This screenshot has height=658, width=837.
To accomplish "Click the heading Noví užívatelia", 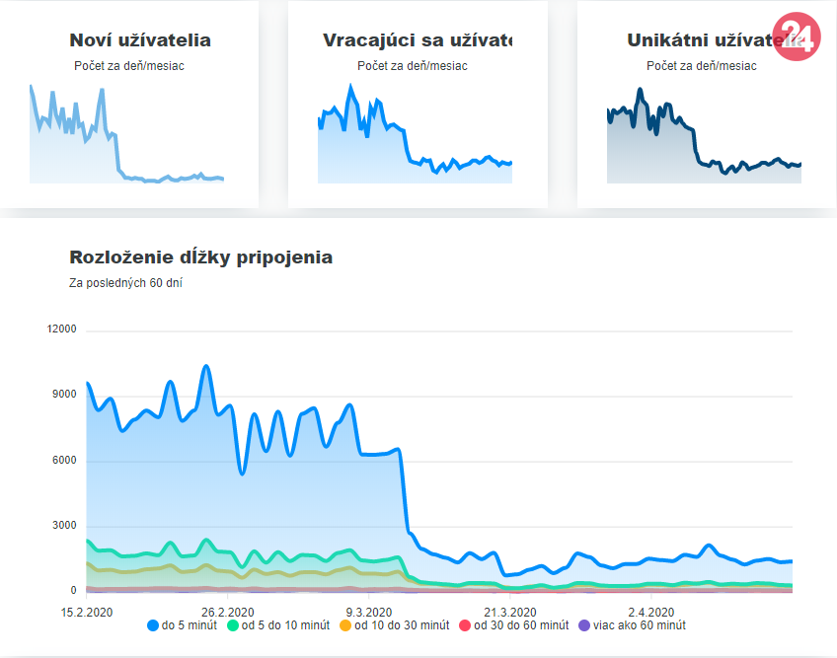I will pyautogui.click(x=140, y=40).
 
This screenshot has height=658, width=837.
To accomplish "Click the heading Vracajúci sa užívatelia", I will pyautogui.click(x=419, y=40).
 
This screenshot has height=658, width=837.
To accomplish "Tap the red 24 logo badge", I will pyautogui.click(x=798, y=37).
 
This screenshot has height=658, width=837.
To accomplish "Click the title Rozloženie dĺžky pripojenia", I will pyautogui.click(x=200, y=257).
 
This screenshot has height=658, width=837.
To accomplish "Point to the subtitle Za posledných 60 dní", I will pyautogui.click(x=125, y=283).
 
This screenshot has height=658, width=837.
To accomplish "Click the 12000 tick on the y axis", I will pyautogui.click(x=61, y=329).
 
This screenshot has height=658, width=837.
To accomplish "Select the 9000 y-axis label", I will pyautogui.click(x=64, y=395).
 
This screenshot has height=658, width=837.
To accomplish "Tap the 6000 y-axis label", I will pyautogui.click(x=64, y=461).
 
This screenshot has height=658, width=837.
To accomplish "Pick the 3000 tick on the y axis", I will pyautogui.click(x=64, y=526).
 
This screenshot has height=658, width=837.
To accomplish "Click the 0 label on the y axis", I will pyautogui.click(x=73, y=591).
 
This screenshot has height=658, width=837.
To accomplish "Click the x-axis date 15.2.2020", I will pyautogui.click(x=87, y=610).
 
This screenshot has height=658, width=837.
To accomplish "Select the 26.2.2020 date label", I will pyautogui.click(x=228, y=610).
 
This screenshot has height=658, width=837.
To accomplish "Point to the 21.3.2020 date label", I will pyautogui.click(x=509, y=610).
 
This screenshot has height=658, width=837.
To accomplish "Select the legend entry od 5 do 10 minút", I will pyautogui.click(x=279, y=625).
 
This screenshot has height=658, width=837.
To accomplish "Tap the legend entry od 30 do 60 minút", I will pyautogui.click(x=513, y=625).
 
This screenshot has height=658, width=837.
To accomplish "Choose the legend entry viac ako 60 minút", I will pyautogui.click(x=631, y=625).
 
